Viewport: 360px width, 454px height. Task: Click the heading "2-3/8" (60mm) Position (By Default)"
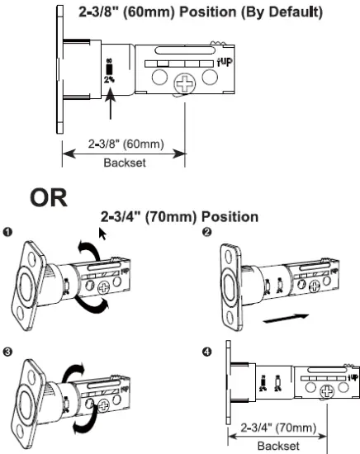click(206, 14)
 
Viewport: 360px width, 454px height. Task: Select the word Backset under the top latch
click(124, 163)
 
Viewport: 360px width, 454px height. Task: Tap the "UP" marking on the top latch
click(225, 60)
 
